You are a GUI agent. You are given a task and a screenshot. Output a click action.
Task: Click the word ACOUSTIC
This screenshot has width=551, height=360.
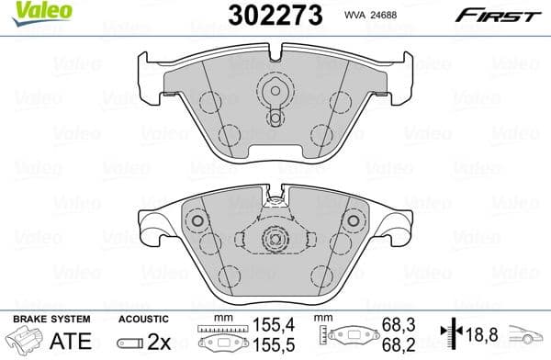click(x=143, y=318)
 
